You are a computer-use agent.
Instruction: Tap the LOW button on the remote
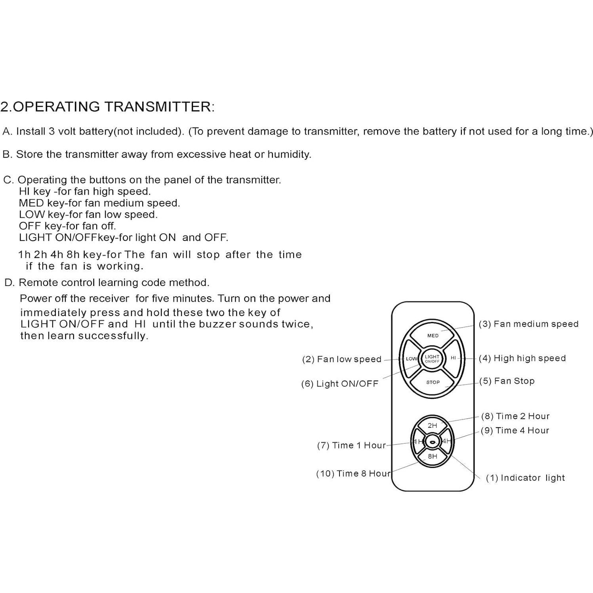tap(411, 358)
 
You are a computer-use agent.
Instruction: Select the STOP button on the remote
tap(433, 382)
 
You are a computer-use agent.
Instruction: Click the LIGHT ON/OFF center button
tap(432, 358)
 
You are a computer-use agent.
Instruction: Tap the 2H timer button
tap(432, 425)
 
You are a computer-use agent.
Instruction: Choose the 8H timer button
tap(432, 456)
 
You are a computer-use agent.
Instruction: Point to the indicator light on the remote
tap(433, 442)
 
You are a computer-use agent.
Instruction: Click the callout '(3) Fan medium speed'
tap(528, 324)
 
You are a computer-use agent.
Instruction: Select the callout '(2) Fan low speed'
tap(341, 359)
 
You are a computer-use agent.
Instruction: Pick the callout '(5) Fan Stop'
tap(507, 381)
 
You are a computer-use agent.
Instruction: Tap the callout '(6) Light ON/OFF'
tap(339, 384)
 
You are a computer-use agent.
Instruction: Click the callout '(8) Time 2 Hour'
tap(515, 416)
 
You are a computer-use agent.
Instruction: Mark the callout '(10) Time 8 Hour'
tap(353, 474)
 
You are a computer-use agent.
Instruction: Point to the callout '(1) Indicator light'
tap(525, 478)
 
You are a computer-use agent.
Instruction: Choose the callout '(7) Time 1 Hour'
tap(351, 446)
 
